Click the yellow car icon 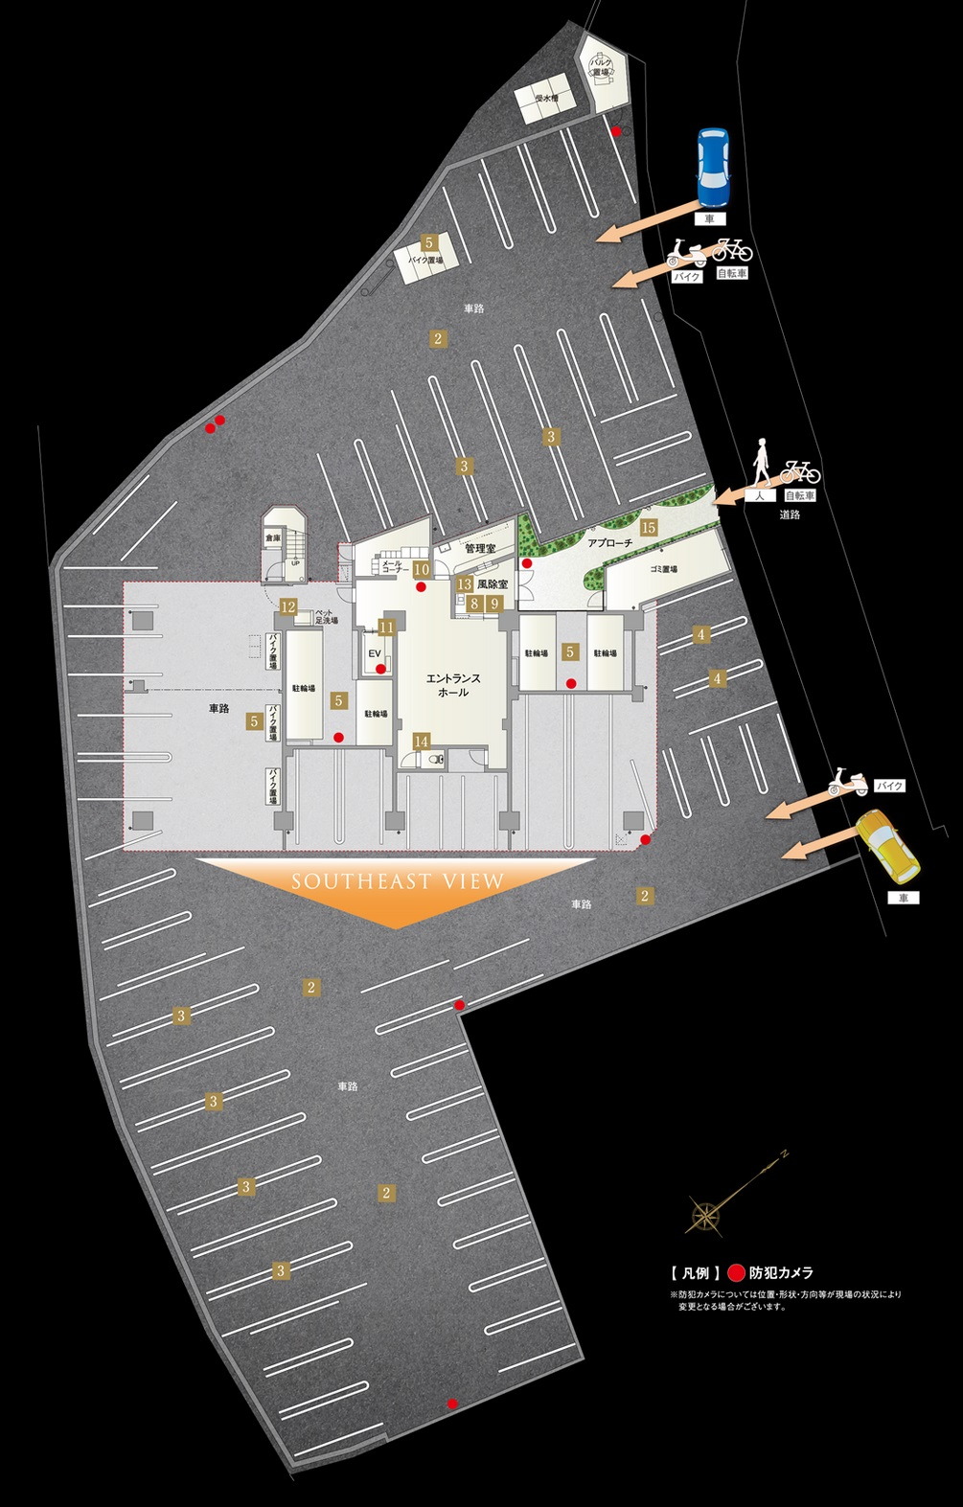click(x=888, y=847)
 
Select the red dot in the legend click(x=735, y=1273)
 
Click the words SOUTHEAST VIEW click(x=398, y=881)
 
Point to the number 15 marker click(x=649, y=527)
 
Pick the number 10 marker click(x=421, y=569)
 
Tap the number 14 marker click(x=422, y=741)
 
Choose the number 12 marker click(x=287, y=605)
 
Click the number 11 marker click(x=386, y=628)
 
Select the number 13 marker click(x=464, y=584)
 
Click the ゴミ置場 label click(x=664, y=569)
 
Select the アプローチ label click(x=610, y=542)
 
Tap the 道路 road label click(x=790, y=514)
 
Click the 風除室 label click(x=492, y=583)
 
